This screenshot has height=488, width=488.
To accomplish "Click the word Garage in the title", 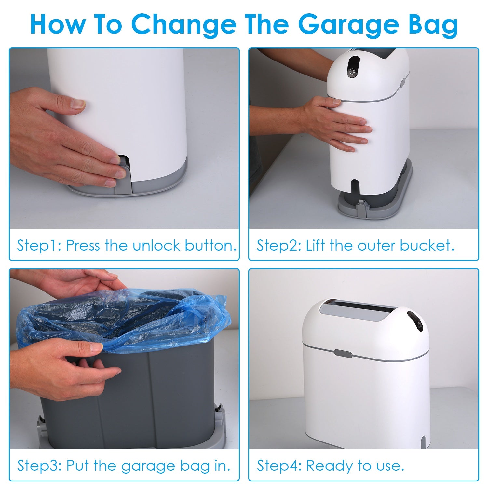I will coord(348,25).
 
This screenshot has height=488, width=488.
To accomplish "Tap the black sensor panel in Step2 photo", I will coord(353,67).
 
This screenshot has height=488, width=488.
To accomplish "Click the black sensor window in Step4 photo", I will coord(415,321).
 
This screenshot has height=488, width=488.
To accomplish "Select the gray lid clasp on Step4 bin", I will coord(343,353).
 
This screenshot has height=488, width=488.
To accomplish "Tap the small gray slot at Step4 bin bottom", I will coord(423,442).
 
